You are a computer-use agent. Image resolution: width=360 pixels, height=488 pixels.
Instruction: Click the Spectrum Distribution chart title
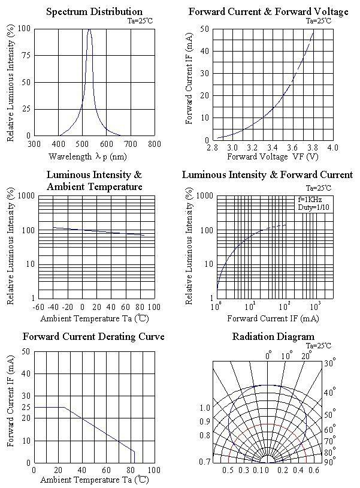point(94,11)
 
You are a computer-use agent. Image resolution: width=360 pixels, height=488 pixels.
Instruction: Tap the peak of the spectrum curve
point(89,29)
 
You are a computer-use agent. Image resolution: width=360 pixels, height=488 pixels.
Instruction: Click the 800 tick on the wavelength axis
point(154,144)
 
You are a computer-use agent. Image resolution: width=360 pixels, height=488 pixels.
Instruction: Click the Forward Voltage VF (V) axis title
point(273,157)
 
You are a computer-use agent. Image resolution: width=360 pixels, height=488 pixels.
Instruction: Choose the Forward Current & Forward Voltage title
point(268,11)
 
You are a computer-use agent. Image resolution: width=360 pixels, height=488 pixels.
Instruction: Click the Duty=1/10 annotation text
point(313,207)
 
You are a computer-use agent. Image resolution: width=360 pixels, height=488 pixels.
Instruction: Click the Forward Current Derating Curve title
point(93,336)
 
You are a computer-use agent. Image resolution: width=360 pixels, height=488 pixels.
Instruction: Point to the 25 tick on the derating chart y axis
point(26,408)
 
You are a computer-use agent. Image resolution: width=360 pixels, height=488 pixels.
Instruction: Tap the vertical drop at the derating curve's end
point(134,457)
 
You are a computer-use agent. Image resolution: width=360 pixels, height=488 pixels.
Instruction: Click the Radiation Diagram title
point(273,336)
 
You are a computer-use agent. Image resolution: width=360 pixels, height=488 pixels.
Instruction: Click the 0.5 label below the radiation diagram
point(228,471)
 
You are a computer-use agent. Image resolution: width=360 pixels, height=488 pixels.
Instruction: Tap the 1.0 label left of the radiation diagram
point(205,408)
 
